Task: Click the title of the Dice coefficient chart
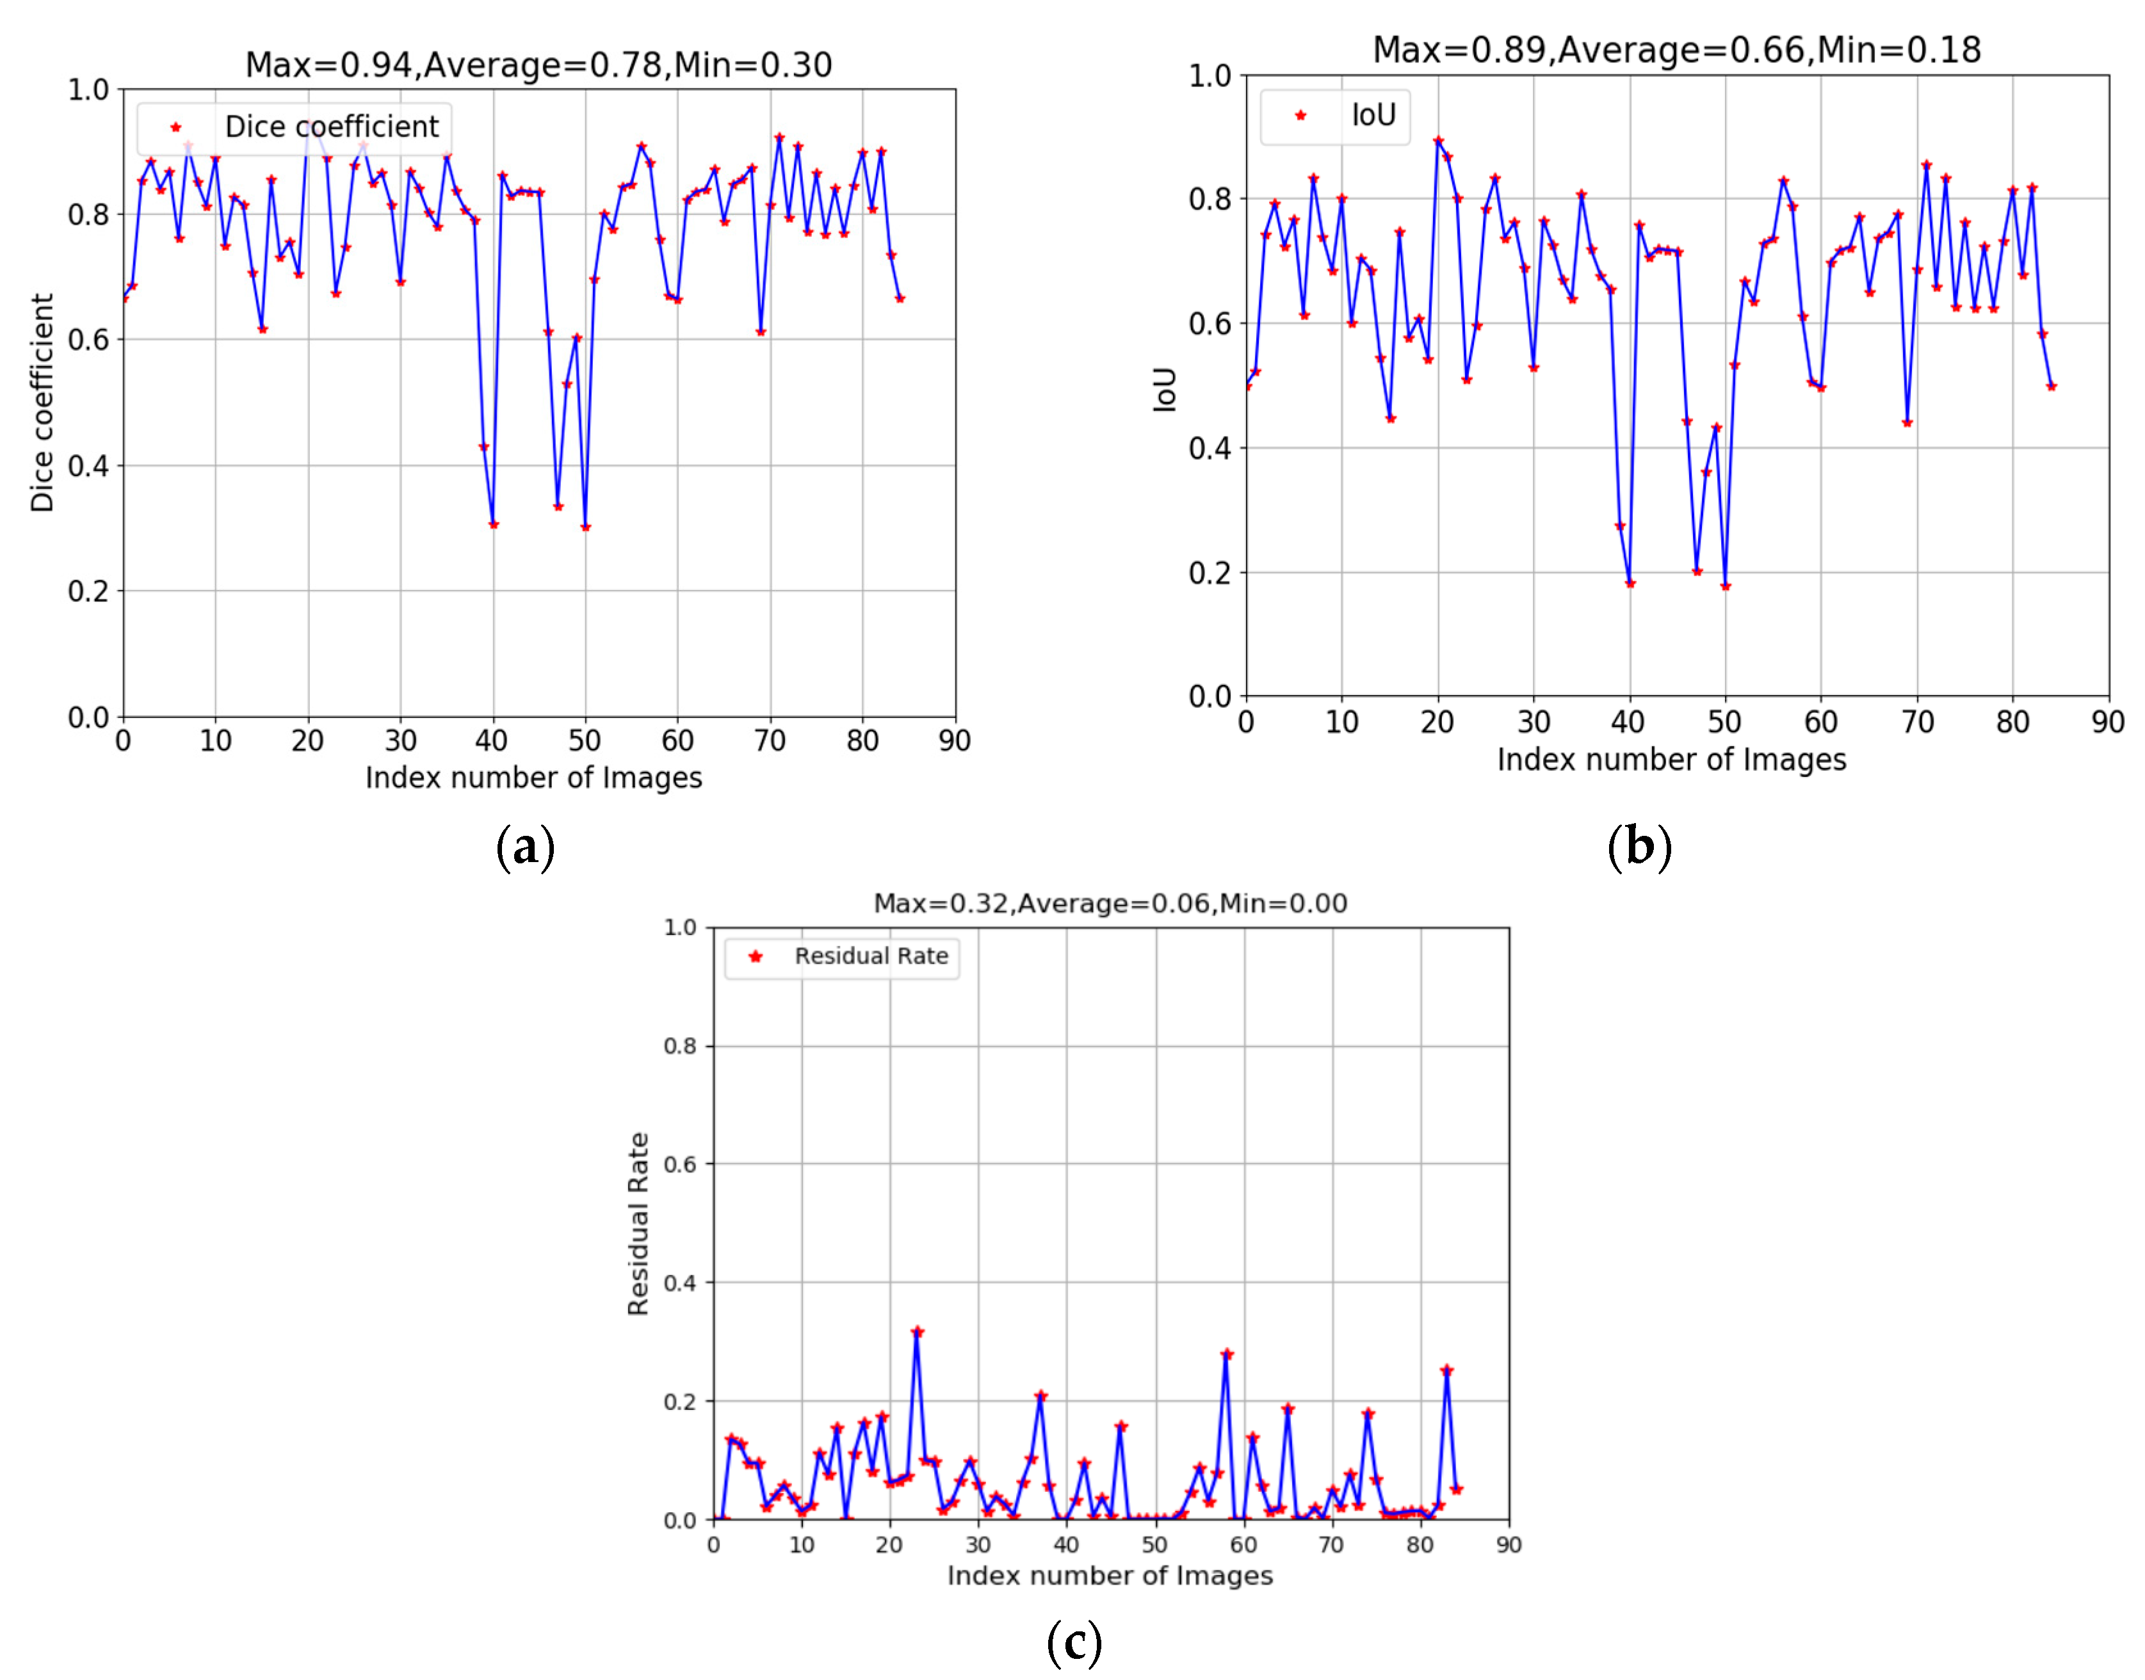pyautogui.click(x=538, y=65)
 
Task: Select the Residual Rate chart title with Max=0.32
pyautogui.click(x=1110, y=903)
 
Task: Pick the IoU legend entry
pyautogui.click(x=1373, y=116)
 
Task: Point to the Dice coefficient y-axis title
pyautogui.click(x=42, y=403)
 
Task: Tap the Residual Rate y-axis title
pyautogui.click(x=638, y=1224)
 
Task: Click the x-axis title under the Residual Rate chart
pyautogui.click(x=1110, y=1575)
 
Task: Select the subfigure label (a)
pyautogui.click(x=526, y=846)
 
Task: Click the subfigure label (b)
pyautogui.click(x=1639, y=846)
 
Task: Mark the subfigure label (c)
pyautogui.click(x=1074, y=1643)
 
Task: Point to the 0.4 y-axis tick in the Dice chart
pyautogui.click(x=88, y=465)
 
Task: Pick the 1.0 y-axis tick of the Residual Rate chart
pyautogui.click(x=680, y=927)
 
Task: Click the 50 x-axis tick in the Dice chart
pyautogui.click(x=585, y=740)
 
